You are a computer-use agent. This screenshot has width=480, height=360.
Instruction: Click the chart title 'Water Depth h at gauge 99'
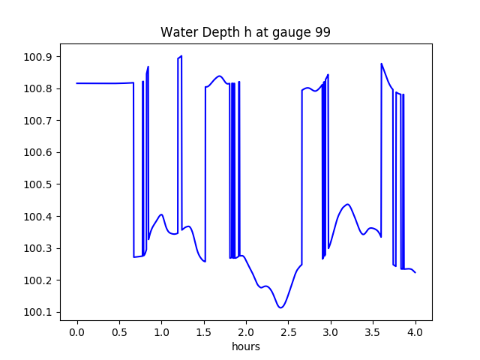tap(245, 33)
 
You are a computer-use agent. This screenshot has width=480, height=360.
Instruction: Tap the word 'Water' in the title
tap(176, 33)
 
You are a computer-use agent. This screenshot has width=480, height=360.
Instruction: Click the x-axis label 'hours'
tap(246, 347)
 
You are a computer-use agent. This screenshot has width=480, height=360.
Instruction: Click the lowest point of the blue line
tap(280, 307)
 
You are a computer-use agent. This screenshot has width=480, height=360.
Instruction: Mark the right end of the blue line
tap(415, 272)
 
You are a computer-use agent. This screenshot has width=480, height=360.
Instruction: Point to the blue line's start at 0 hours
tap(77, 83)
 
